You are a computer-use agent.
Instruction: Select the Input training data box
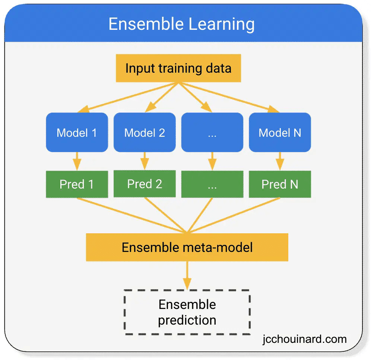(x=178, y=68)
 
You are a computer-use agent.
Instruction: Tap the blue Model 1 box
(x=77, y=133)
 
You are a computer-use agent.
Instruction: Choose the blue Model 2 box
(x=145, y=133)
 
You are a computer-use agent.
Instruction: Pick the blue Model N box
(x=280, y=133)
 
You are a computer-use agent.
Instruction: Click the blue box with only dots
(x=212, y=133)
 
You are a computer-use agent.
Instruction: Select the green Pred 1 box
(x=77, y=184)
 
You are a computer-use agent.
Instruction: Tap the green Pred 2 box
(x=145, y=184)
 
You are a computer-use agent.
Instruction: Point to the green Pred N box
(x=280, y=184)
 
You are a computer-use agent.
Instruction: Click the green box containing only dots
(x=212, y=184)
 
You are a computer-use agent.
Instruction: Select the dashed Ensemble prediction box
(x=187, y=312)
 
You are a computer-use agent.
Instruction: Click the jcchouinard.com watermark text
(x=304, y=339)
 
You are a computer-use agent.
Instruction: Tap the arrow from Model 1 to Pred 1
(x=77, y=160)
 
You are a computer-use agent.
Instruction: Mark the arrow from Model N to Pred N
(x=280, y=160)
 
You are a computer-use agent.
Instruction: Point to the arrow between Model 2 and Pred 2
(x=145, y=160)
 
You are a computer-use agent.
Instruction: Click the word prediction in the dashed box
(x=187, y=320)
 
